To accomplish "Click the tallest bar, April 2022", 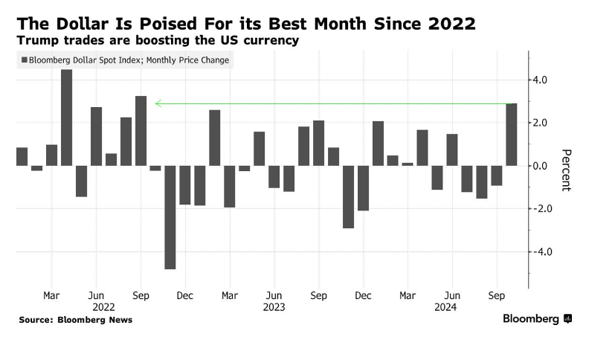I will pyautogui.click(x=66, y=118).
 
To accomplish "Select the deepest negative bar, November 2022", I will pyautogui.click(x=170, y=216).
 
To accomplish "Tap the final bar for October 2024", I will pyautogui.click(x=512, y=135).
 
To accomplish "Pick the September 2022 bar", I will pyautogui.click(x=141, y=131).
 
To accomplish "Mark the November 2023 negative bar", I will pyautogui.click(x=349, y=196).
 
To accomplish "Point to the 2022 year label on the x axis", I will pyautogui.click(x=103, y=306).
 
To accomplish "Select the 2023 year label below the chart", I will pyautogui.click(x=274, y=306).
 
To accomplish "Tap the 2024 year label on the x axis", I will pyautogui.click(x=445, y=306).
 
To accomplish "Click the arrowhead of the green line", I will pyautogui.click(x=158, y=103).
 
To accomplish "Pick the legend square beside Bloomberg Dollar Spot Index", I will pyautogui.click(x=25, y=60).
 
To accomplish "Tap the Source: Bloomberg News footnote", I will pyautogui.click(x=75, y=320).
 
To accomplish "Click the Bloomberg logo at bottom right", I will pyautogui.click(x=537, y=319).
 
